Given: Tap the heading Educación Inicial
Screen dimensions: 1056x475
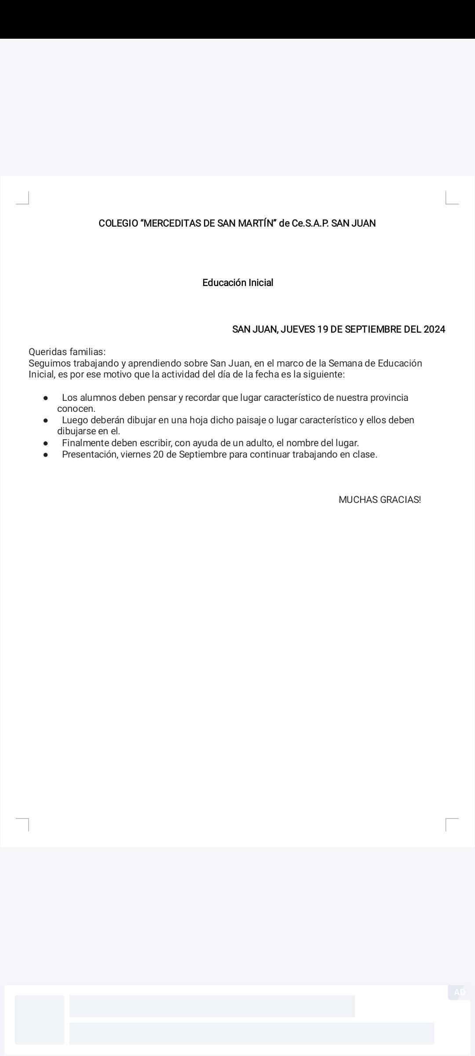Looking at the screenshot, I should click(x=237, y=283).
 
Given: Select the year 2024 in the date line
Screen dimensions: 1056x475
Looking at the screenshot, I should click(x=434, y=330).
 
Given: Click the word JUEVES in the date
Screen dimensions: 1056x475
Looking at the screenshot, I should click(x=297, y=330).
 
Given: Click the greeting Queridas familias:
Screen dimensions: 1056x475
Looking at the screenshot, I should click(x=67, y=352).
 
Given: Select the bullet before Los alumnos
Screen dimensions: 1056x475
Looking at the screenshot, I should click(x=46, y=398).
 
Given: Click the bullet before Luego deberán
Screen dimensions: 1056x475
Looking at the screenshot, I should click(x=46, y=421).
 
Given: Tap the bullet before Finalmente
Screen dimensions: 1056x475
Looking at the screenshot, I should click(x=46, y=444).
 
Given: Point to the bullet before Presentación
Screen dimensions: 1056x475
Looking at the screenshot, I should click(x=46, y=455).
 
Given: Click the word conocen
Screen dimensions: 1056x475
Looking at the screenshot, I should click(x=76, y=409).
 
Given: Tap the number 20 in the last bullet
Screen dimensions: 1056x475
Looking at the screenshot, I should click(x=158, y=455).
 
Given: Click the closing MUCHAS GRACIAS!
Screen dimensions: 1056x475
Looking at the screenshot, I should click(x=380, y=500).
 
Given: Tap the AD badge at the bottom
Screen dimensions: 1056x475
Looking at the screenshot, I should click(x=460, y=992).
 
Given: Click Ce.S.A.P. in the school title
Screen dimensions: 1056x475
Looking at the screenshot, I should click(x=310, y=224).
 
